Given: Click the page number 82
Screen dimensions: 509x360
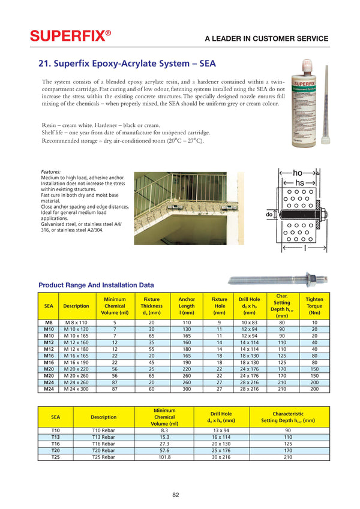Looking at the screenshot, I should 176,495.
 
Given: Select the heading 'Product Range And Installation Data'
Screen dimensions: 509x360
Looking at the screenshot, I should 96,285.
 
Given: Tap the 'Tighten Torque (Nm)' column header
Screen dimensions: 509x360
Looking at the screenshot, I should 314,306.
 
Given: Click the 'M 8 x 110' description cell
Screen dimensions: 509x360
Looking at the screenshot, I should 76,323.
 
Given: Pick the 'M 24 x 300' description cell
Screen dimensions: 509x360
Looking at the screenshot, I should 76,389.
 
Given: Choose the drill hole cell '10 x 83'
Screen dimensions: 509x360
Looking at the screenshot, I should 248,323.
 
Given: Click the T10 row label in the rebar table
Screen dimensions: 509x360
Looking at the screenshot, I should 55,430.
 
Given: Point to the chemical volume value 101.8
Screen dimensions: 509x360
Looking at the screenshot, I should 165,457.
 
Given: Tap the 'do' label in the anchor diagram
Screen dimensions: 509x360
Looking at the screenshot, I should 269,214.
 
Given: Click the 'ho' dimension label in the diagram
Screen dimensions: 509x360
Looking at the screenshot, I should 298,173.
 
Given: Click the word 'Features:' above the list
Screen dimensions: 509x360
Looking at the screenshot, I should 50,171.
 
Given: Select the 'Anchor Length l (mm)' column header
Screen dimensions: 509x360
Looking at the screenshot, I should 187,306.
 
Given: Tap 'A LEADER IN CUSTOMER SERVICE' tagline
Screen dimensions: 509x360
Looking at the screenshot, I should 266,38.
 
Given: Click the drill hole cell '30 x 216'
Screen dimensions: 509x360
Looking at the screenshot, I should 221,457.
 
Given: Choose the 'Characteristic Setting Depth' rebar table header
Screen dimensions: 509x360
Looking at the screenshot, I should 288,417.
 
